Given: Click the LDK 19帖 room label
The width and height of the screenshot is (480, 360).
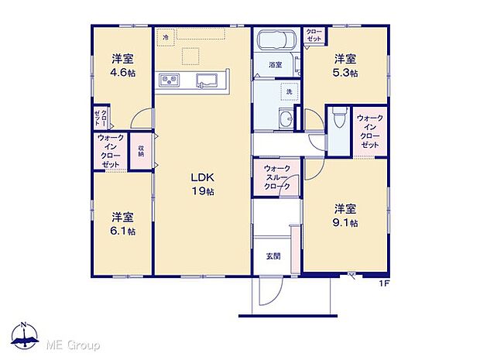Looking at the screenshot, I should [x=202, y=183].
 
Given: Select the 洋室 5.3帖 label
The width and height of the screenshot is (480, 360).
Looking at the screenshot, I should [x=345, y=65].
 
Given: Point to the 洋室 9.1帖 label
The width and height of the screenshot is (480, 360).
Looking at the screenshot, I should [x=345, y=215].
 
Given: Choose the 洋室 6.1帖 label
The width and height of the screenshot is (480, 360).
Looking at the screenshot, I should [x=121, y=223].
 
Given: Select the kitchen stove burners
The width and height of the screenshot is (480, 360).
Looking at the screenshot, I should [x=170, y=80].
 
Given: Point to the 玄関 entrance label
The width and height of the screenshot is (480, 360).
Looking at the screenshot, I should [x=273, y=256].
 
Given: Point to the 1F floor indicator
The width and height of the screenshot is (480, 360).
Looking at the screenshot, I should [x=382, y=283].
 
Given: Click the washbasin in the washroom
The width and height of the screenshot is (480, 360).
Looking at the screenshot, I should [x=286, y=118].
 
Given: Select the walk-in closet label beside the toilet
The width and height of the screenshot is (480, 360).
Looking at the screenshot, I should [x=369, y=131].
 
